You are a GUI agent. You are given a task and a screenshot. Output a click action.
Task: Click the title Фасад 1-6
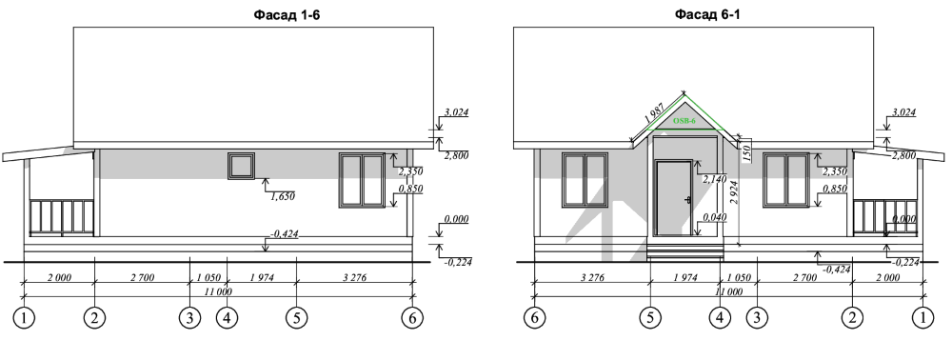click(x=287, y=15)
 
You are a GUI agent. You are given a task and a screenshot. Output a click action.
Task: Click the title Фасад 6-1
click(x=707, y=15)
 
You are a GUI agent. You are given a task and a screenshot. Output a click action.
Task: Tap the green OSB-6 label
click(x=684, y=121)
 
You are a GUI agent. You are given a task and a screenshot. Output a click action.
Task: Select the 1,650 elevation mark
click(x=282, y=196)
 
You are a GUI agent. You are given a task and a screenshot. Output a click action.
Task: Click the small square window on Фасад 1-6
click(x=241, y=166)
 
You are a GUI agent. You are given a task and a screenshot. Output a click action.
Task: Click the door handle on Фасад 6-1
click(x=687, y=200)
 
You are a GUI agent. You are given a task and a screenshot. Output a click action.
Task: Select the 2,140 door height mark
click(x=714, y=179)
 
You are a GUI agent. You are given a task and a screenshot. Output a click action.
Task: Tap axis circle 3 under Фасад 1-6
click(x=189, y=317)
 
